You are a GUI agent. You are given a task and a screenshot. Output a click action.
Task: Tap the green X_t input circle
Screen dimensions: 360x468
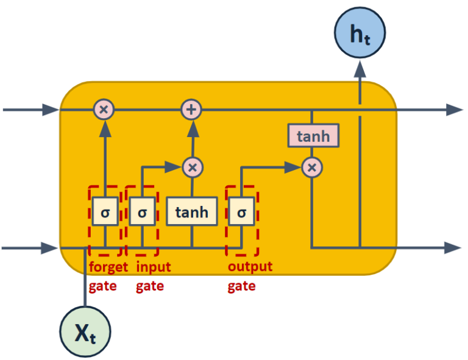(x=85, y=331)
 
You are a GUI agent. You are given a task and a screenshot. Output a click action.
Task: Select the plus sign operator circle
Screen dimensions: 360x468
(x=192, y=110)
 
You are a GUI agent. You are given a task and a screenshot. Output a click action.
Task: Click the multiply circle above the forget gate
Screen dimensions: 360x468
(x=104, y=110)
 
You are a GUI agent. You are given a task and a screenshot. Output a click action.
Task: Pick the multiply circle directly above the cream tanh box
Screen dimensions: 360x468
(x=192, y=166)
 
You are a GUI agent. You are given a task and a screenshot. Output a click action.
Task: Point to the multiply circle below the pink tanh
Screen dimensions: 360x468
(x=312, y=166)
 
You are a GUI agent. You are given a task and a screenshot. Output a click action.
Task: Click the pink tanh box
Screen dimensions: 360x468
(x=313, y=136)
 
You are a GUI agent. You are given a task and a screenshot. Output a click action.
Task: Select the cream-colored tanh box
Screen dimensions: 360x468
(x=192, y=213)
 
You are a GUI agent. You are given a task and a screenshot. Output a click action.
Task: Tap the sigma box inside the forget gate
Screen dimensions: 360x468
(x=105, y=213)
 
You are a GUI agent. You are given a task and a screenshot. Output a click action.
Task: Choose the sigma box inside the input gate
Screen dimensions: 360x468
(x=142, y=213)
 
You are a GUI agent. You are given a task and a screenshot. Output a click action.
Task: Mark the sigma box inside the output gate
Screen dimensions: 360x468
(x=242, y=213)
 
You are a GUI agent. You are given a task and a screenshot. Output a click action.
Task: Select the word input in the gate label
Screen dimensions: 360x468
(x=153, y=267)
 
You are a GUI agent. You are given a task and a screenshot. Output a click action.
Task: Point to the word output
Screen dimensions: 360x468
(x=250, y=267)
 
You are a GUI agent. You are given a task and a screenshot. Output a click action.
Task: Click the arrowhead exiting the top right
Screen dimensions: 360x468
(x=454, y=110)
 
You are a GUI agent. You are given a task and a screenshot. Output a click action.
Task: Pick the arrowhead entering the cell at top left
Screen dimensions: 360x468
(x=51, y=110)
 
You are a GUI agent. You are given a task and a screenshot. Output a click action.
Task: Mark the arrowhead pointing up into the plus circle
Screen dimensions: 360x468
(x=192, y=127)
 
